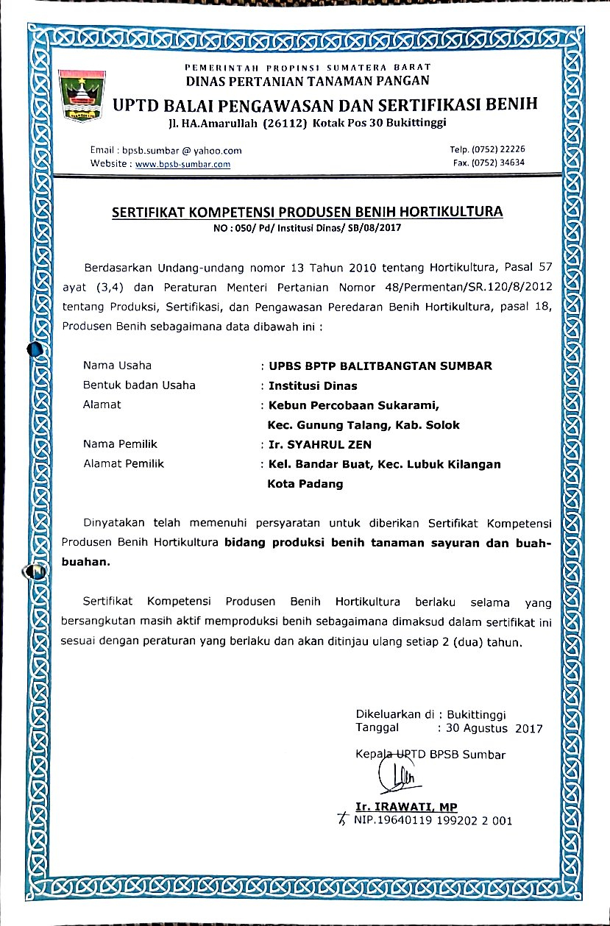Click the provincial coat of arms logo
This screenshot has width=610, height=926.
82,95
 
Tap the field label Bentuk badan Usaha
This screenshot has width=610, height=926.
139,385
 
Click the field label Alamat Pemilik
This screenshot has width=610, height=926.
124,464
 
